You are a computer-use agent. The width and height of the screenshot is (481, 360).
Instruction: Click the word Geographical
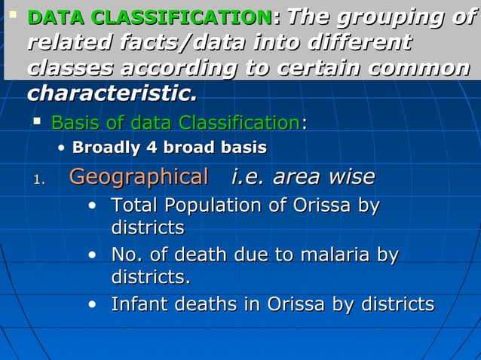(139, 178)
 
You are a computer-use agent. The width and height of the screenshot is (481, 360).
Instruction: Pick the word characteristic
(112, 95)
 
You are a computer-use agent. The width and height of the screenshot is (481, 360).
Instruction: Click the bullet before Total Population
(91, 205)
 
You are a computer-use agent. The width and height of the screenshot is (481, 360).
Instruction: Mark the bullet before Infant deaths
(91, 304)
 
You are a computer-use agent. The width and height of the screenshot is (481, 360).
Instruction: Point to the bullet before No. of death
(91, 255)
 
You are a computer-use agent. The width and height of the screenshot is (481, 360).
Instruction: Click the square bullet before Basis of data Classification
(37, 121)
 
